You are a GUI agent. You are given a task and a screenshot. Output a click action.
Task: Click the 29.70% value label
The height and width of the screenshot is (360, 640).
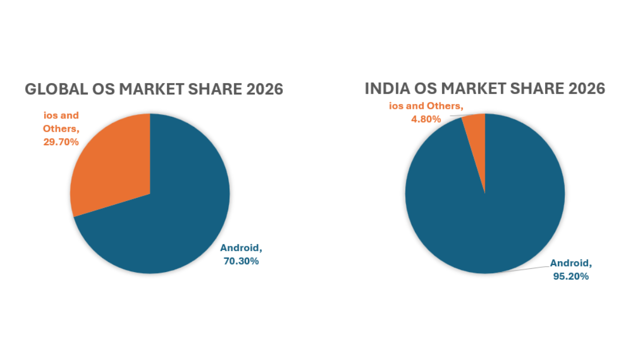[x=61, y=142]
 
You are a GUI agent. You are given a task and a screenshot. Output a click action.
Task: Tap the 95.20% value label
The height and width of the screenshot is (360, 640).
[x=571, y=276]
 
